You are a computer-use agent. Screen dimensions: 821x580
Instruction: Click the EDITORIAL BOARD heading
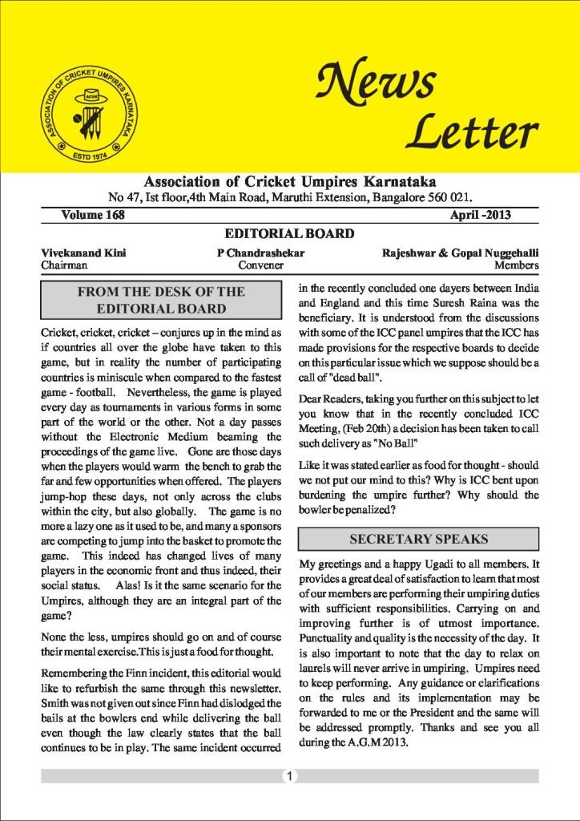point(289,234)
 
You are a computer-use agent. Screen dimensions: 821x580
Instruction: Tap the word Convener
point(261,265)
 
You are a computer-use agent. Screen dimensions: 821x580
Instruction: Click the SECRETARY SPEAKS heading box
point(418,538)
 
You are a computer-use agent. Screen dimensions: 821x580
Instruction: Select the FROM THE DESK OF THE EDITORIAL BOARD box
point(161,300)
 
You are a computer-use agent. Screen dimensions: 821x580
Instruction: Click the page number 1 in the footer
point(289,776)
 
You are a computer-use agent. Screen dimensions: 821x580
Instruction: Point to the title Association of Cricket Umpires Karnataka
point(289,180)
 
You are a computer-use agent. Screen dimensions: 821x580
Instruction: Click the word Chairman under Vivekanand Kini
point(64,265)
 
